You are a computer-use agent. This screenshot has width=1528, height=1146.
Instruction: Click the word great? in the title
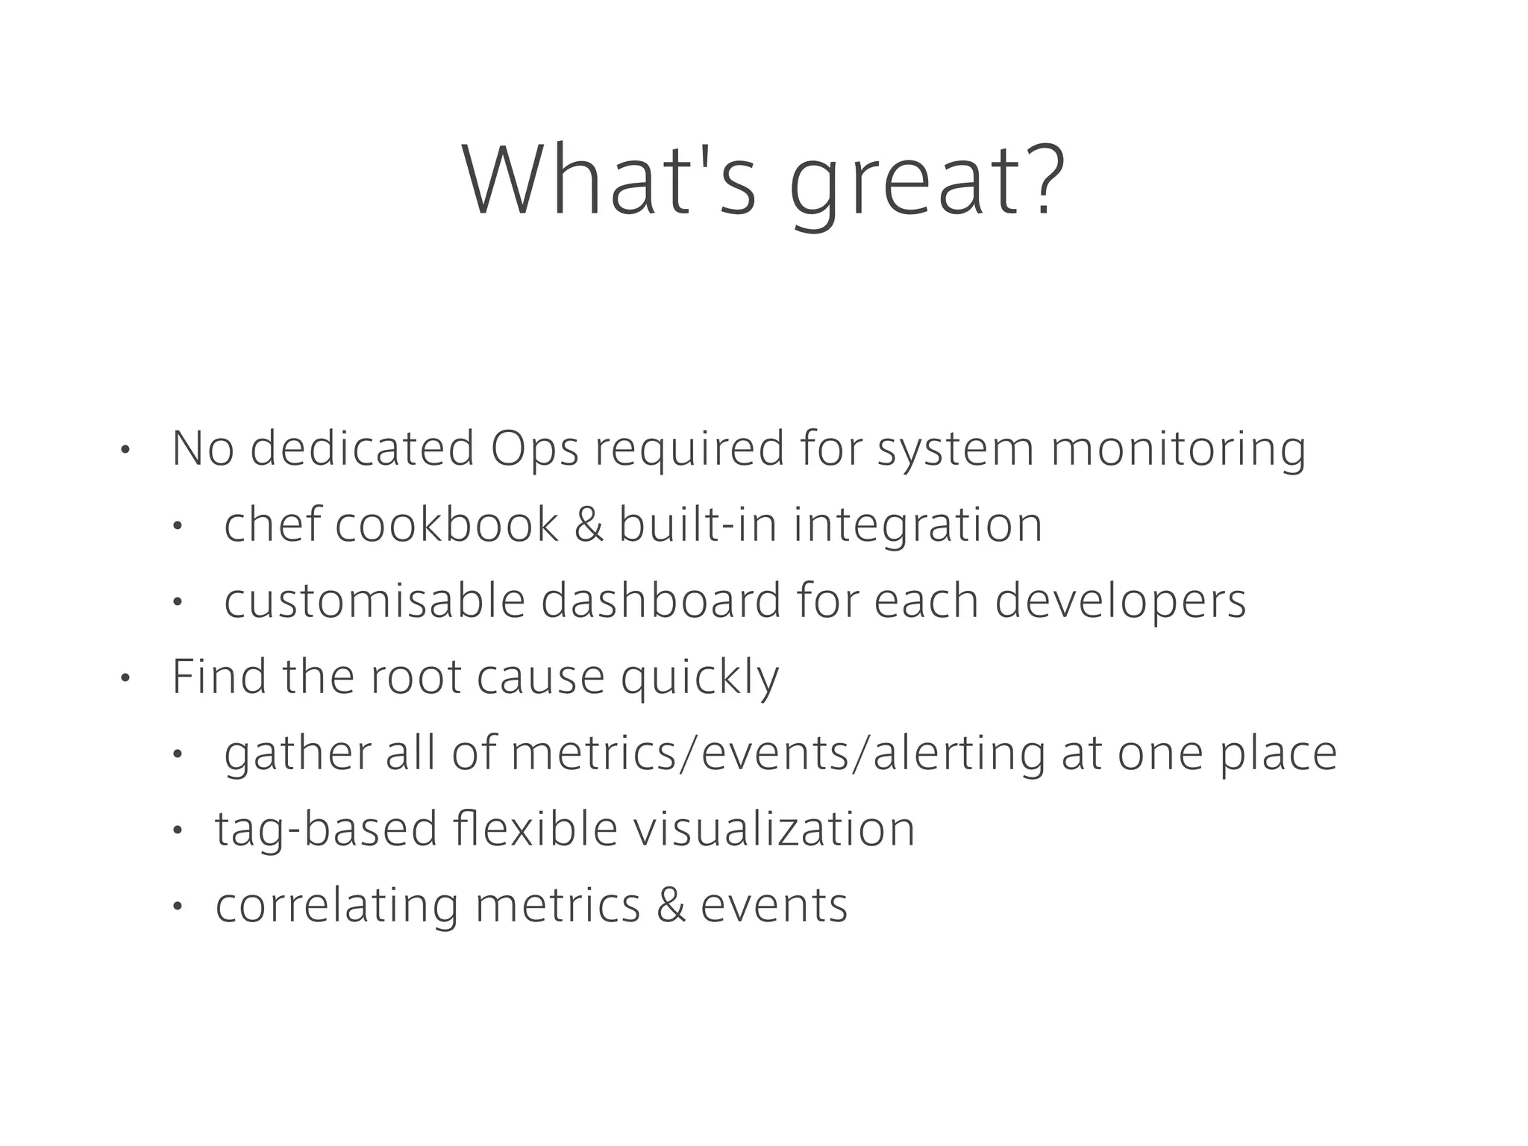(927, 183)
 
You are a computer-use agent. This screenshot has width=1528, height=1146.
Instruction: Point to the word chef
(273, 525)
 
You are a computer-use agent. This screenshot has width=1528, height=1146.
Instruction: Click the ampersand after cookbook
(589, 525)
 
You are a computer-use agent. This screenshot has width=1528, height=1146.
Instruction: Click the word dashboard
(660, 601)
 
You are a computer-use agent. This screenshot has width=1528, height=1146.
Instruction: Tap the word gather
(297, 754)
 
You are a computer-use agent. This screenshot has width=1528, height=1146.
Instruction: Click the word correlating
(336, 907)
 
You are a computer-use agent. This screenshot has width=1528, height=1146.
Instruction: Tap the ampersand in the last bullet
(671, 906)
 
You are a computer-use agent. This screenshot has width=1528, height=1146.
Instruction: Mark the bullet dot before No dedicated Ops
(125, 451)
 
